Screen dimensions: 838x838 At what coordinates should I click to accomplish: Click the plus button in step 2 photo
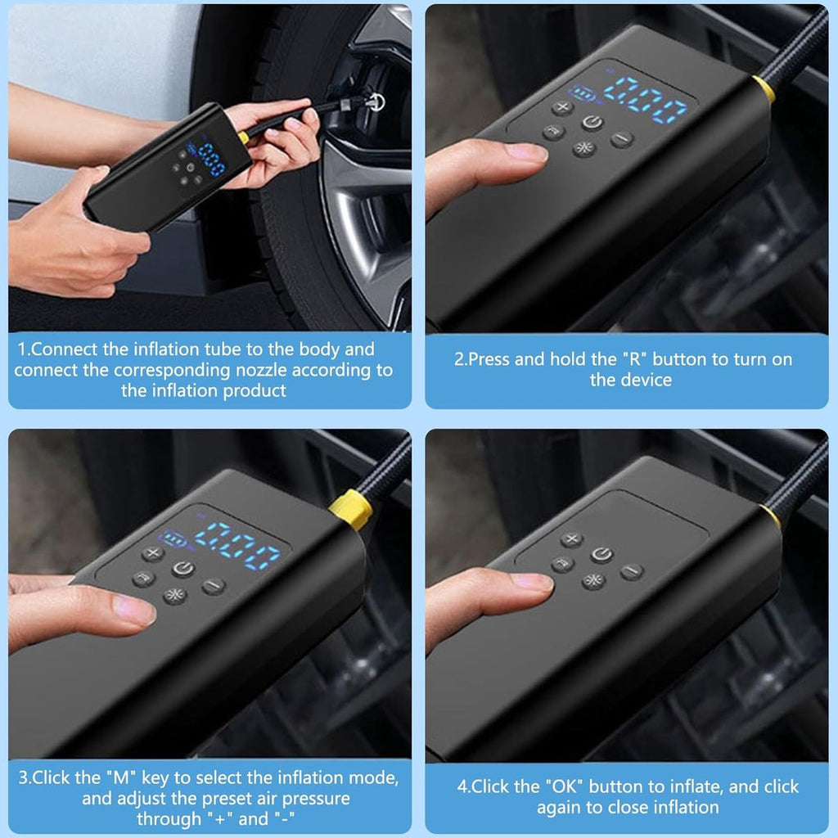click(x=562, y=108)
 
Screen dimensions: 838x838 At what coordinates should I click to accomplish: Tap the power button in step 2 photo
click(x=592, y=124)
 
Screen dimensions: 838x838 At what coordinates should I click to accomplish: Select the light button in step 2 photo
click(x=584, y=148)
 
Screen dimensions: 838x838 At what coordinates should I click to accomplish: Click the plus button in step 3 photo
click(x=153, y=553)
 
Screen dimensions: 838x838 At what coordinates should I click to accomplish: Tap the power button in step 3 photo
click(x=183, y=569)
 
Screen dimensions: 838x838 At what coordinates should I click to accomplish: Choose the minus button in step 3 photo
click(x=214, y=586)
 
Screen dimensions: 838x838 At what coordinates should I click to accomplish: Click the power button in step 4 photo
click(x=601, y=555)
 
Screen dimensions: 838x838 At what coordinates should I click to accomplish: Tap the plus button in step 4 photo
click(x=571, y=539)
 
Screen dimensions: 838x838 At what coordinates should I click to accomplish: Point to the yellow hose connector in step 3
click(x=351, y=509)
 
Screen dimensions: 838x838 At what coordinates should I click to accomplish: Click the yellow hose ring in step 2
click(x=764, y=89)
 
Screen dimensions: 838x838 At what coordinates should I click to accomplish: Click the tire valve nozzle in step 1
click(x=374, y=101)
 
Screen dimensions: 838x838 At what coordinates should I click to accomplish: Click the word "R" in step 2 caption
click(x=634, y=359)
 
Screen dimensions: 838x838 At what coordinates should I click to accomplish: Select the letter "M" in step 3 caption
click(x=121, y=777)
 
